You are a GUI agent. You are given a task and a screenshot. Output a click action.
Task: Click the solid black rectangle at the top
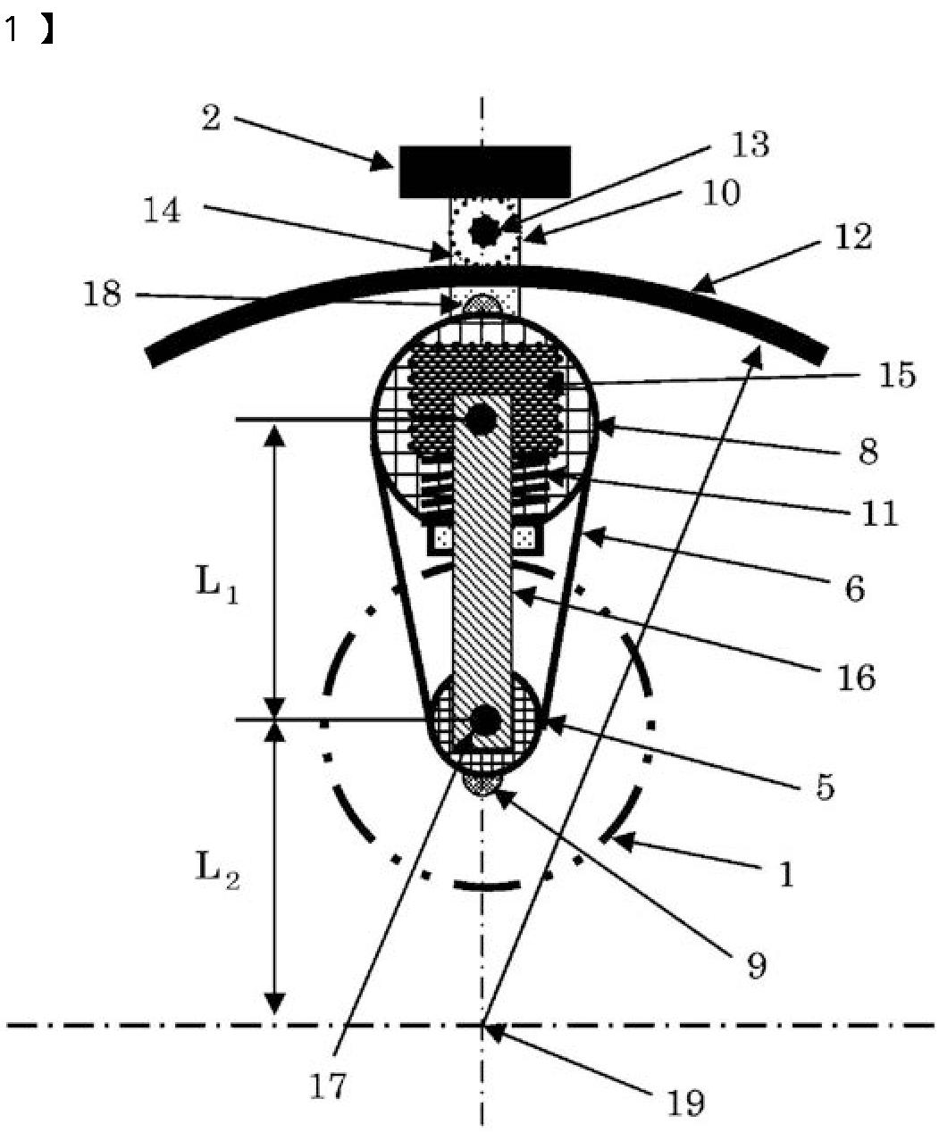tap(484, 171)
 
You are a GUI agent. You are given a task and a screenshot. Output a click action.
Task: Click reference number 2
tap(211, 117)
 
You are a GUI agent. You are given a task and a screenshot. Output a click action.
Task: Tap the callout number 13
tap(750, 144)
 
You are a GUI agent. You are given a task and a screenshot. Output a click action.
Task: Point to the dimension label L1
tap(216, 585)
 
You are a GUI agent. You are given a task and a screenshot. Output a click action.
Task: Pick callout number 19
tap(685, 1103)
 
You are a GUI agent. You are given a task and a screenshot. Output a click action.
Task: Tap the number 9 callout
tap(756, 965)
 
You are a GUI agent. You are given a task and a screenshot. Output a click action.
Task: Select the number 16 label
tap(856, 678)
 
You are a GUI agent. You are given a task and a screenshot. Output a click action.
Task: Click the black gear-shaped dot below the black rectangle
tap(484, 230)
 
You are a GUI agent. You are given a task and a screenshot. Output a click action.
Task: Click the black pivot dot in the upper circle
tap(481, 417)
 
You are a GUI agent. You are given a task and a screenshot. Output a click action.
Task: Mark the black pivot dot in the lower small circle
tap(485, 720)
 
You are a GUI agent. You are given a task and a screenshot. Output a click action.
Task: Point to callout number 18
tap(102, 293)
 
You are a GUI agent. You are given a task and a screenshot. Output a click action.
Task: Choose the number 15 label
tap(896, 375)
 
